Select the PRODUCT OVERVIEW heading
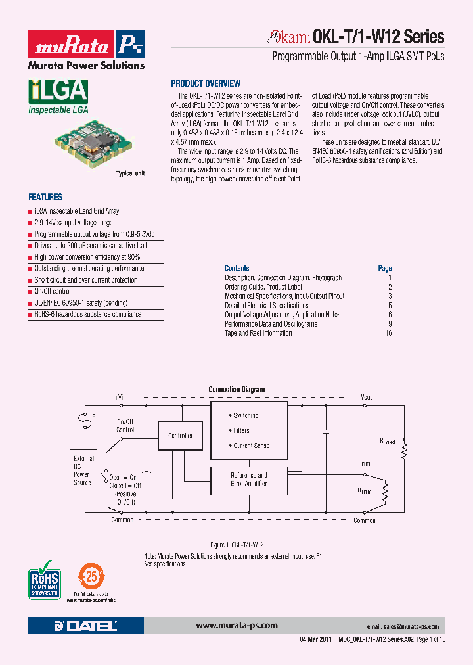coord(206,83)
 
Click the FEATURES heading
coord(45,197)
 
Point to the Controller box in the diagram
coord(181,436)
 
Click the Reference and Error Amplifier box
coord(248,479)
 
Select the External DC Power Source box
coord(82,470)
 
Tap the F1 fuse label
coord(95,417)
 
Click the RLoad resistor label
coord(387,442)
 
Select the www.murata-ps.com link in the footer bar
coord(236,626)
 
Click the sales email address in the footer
coord(402,627)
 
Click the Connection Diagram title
coord(236,390)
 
